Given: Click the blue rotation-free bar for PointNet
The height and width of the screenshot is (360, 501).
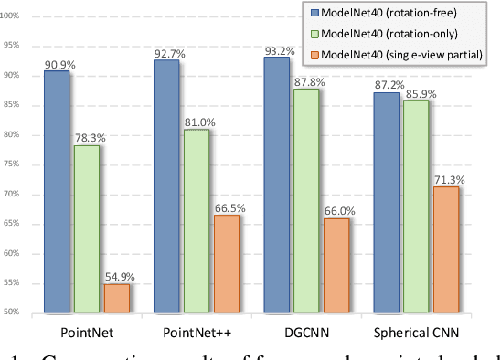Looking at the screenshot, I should point(56,191).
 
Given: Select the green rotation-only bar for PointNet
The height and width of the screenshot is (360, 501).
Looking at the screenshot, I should point(87,228).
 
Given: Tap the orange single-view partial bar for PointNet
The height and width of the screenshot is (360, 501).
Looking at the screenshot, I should point(117,298).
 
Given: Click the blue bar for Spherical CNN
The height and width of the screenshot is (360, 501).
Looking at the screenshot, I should point(387,202).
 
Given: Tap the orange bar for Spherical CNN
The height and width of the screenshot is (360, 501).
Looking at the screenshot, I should point(446,249).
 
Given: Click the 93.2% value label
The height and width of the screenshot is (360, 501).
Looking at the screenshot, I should point(277,48).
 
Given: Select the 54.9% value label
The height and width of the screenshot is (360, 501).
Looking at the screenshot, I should point(118,275).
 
